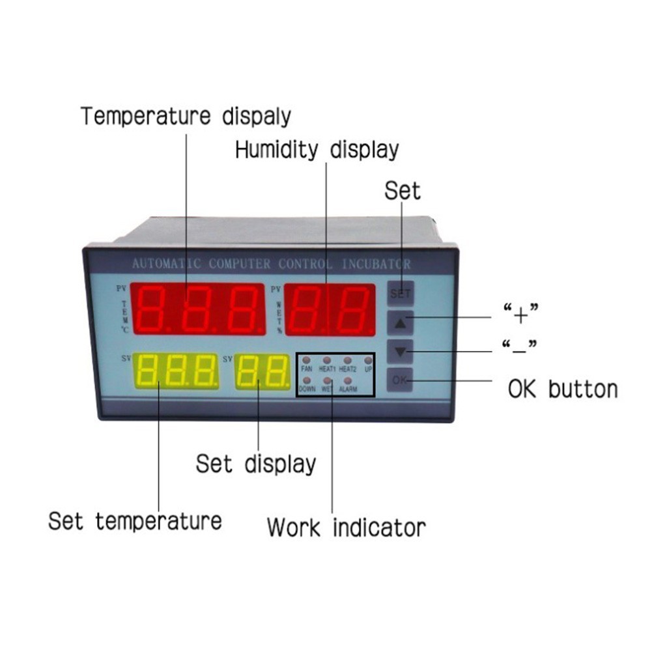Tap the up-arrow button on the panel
401,322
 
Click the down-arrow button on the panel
401,352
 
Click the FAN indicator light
307,360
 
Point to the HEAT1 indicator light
327,360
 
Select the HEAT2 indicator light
347,360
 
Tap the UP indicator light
368,360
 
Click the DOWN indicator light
307,380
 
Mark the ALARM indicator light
347,380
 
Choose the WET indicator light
327,380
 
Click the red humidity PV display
330,309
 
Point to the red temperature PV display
198,308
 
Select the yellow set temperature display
176,371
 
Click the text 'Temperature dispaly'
186,117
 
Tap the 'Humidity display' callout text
317,150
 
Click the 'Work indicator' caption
346,526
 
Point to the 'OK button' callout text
562,389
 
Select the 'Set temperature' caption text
135,521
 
